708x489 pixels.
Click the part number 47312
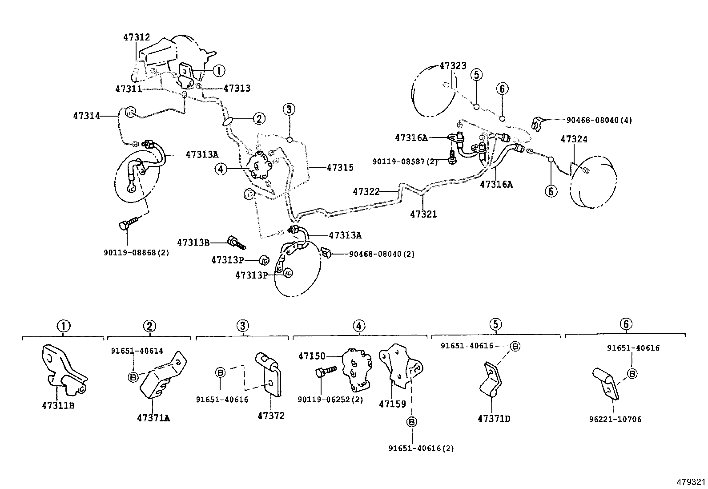(x=136, y=37)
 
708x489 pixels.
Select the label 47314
(x=86, y=116)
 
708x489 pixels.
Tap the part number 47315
(x=340, y=168)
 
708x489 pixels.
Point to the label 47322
(x=366, y=192)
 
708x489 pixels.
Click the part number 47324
(x=574, y=139)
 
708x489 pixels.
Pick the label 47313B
(x=193, y=242)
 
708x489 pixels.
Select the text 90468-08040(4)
(x=599, y=120)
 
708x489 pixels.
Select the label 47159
(x=392, y=404)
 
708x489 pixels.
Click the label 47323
(x=453, y=66)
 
